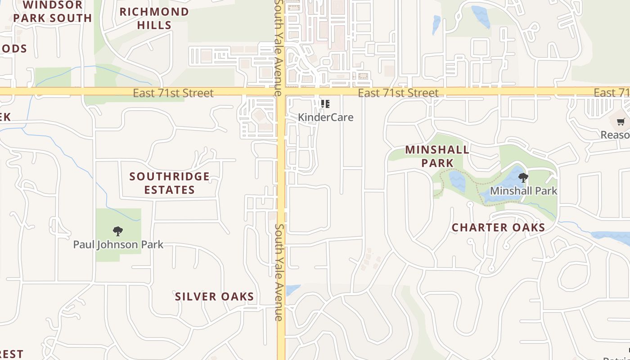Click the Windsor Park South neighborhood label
point(53,12)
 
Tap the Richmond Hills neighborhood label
point(154,18)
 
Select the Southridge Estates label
point(170,183)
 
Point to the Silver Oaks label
point(215,297)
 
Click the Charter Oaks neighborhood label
point(499,228)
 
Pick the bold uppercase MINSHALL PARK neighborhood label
point(437,156)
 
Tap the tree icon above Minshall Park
point(523,178)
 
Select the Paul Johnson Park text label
point(118,245)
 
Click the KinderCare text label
point(326,117)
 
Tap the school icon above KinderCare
point(325,104)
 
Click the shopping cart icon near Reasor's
point(621,121)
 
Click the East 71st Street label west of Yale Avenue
point(173,93)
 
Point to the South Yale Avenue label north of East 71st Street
point(279,47)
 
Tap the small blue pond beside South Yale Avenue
point(292,289)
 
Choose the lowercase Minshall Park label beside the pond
point(523,191)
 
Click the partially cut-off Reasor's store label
point(615,135)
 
